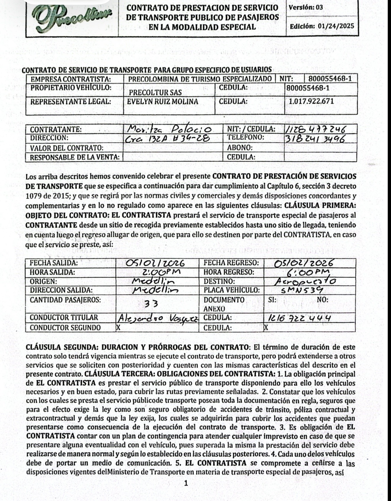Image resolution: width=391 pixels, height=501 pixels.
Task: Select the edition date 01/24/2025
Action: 336,26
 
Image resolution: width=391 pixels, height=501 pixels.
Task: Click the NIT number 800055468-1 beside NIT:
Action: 330,79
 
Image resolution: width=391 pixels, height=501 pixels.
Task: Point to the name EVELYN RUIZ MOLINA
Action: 163,102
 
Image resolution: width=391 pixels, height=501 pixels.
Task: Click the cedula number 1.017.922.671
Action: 311,101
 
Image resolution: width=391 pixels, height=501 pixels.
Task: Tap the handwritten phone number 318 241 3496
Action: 315,139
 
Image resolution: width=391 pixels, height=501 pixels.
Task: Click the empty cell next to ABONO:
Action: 320,147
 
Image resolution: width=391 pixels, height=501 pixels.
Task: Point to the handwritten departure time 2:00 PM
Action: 160,272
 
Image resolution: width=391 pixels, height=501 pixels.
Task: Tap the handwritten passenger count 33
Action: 151,304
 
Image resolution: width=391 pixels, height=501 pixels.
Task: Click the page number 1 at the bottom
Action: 186,484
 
